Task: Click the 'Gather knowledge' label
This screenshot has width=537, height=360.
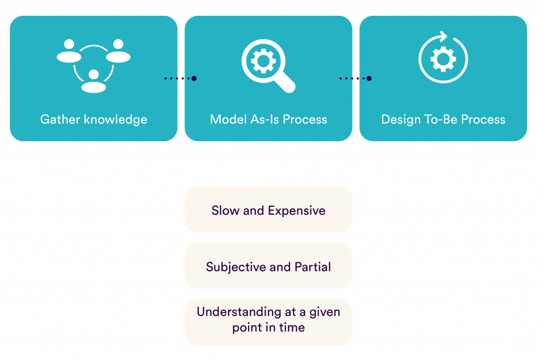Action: (x=93, y=120)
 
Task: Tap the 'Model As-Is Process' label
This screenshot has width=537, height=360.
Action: (x=268, y=120)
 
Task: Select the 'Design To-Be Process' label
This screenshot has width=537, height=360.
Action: (x=443, y=120)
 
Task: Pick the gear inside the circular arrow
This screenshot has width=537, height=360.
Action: (x=443, y=59)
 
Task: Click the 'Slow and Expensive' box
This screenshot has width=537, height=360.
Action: (x=268, y=210)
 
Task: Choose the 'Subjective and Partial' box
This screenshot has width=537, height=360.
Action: (x=268, y=267)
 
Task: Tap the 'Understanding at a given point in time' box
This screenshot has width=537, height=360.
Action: (x=268, y=320)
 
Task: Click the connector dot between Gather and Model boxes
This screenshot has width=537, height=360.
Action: (x=194, y=79)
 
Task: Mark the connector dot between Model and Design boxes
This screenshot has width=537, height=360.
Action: (x=369, y=79)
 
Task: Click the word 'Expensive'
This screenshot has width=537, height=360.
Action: (x=297, y=210)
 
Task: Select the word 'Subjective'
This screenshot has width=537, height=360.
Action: (x=236, y=267)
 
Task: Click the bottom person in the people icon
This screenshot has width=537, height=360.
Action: (x=94, y=81)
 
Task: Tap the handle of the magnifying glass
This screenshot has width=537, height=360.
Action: (x=285, y=83)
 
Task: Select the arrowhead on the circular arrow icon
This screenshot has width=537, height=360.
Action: (x=444, y=37)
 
